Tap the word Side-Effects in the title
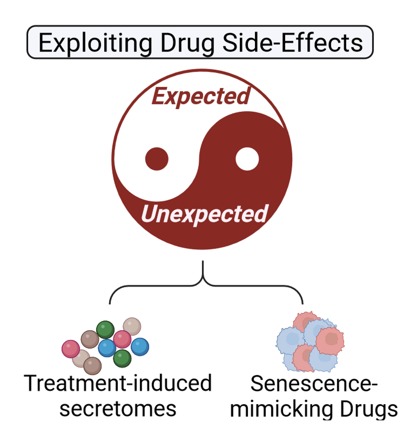coord(292,43)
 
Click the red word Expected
coord(201,96)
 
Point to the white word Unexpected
coord(204,214)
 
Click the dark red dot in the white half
coord(157,159)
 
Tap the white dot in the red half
coord(247,159)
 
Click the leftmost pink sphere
coord(71,349)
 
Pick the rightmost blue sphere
coord(140,346)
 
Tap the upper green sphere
coord(105,329)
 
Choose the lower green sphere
coord(122,358)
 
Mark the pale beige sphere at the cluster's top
coord(132,326)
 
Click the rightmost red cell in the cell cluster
coord(330,340)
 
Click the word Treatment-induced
coord(118,383)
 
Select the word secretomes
coord(118,409)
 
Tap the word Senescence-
coord(314,384)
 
